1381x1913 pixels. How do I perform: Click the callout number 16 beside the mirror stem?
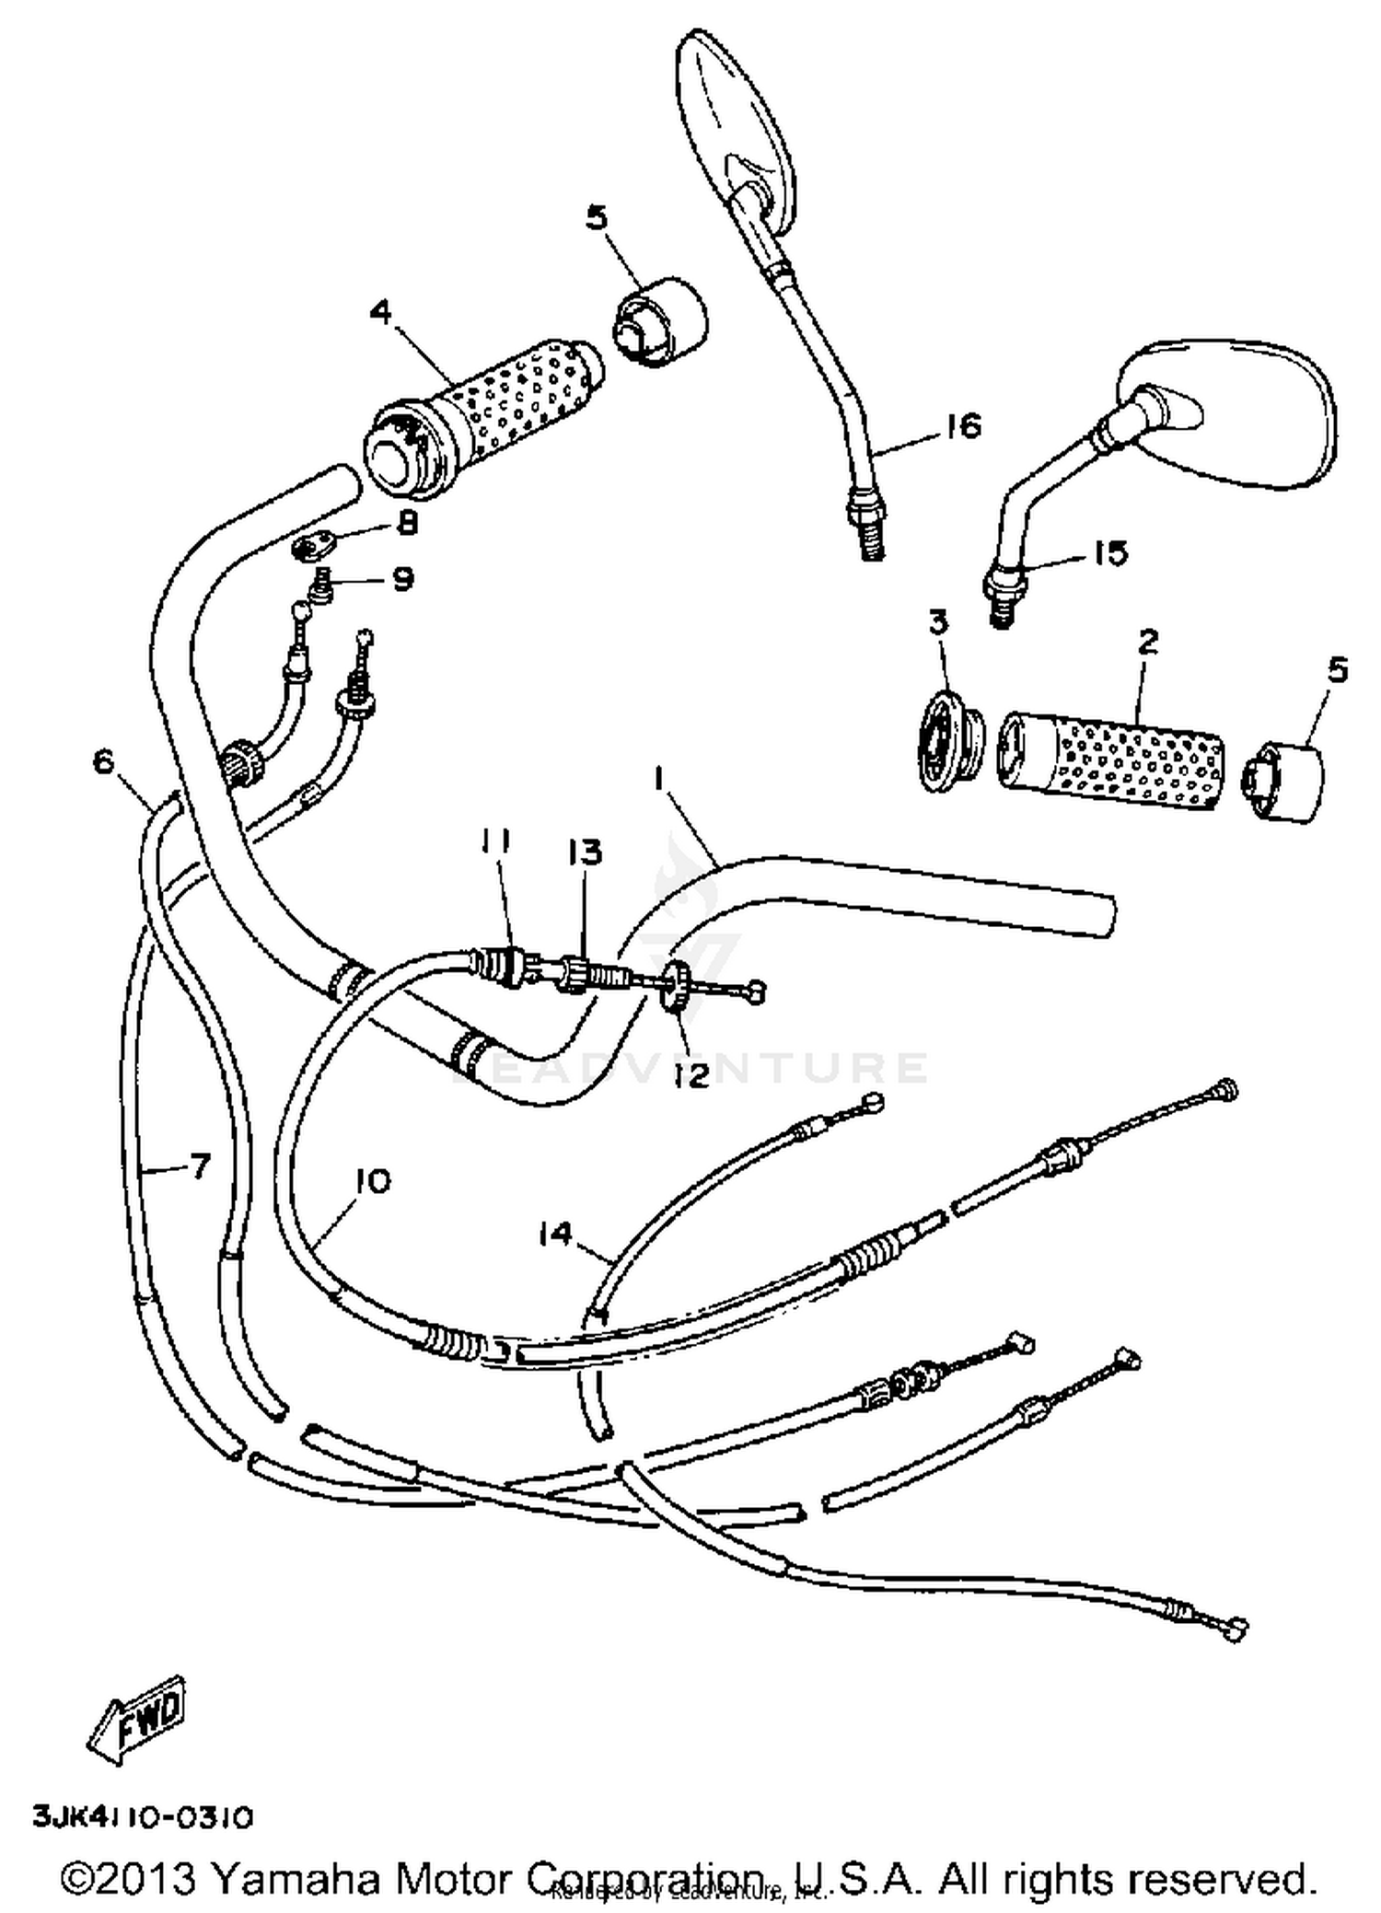(963, 426)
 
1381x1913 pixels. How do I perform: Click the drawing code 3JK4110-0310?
(143, 1816)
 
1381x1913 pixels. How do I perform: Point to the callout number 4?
(381, 312)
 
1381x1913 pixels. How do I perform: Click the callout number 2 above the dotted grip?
(1147, 642)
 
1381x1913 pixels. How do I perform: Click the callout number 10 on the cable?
(372, 1181)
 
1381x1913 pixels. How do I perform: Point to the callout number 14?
(556, 1233)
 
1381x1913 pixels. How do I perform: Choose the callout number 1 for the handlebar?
(658, 780)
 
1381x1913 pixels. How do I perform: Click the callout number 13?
(585, 852)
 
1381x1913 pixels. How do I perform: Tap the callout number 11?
(495, 840)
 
